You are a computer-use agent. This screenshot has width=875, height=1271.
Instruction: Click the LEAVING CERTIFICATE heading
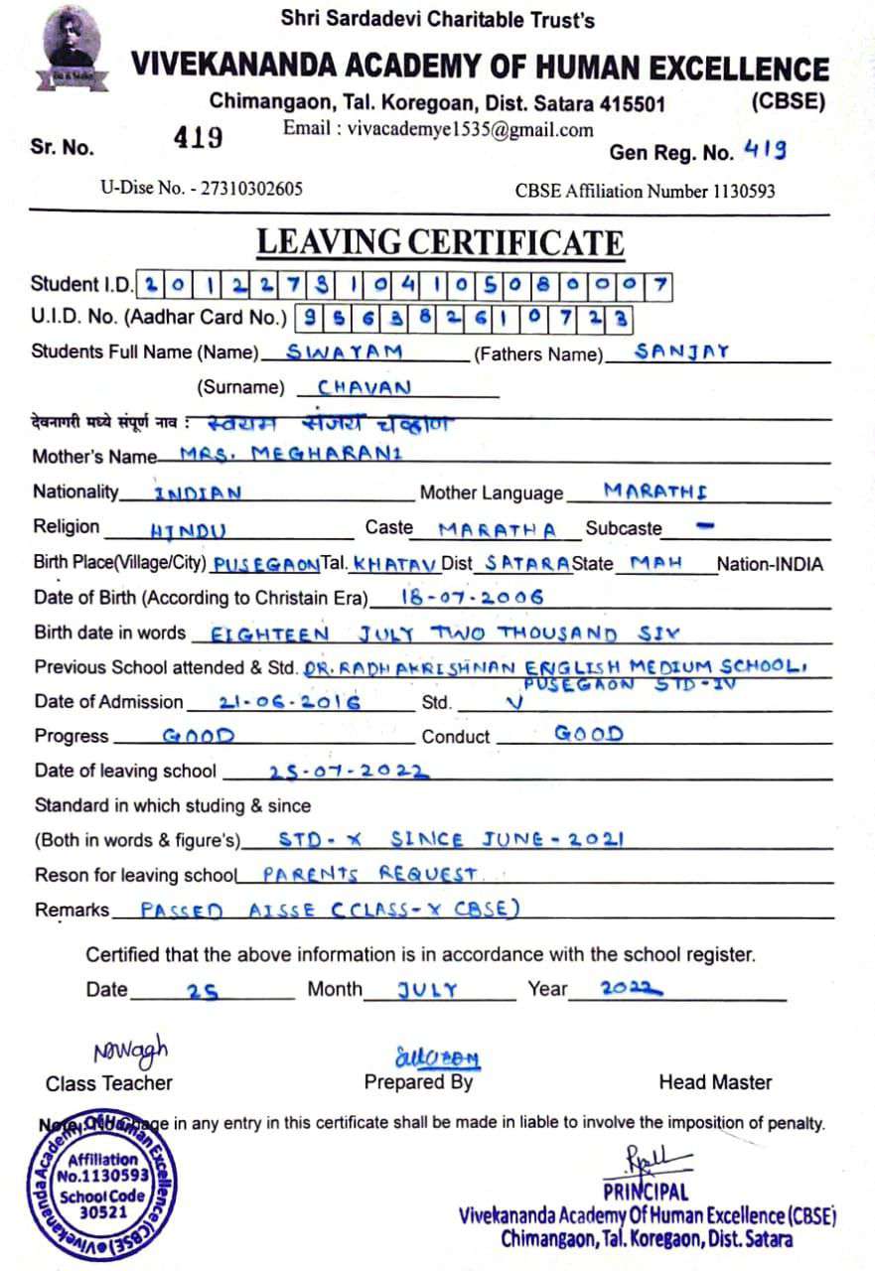coord(440,242)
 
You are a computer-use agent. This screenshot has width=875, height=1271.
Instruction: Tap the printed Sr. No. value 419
coord(199,138)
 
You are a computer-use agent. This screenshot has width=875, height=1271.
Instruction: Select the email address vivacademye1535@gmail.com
coord(438,129)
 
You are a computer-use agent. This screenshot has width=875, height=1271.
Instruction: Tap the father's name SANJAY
coord(682,352)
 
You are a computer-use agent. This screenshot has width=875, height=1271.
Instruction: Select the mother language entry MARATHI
coord(656,491)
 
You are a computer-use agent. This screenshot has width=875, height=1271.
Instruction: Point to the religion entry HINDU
coord(189,529)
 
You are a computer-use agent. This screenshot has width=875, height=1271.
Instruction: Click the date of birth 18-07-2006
coord(472,597)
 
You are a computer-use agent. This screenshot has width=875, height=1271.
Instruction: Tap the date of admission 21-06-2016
coord(290,701)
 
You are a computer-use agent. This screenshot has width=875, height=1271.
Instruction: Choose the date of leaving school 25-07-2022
coord(349,771)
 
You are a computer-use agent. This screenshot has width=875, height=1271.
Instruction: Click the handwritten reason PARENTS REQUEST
coord(370,874)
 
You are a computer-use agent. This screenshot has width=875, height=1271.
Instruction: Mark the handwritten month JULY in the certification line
coord(427,989)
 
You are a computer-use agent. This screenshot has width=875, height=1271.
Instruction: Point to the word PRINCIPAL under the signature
coord(645,1192)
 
